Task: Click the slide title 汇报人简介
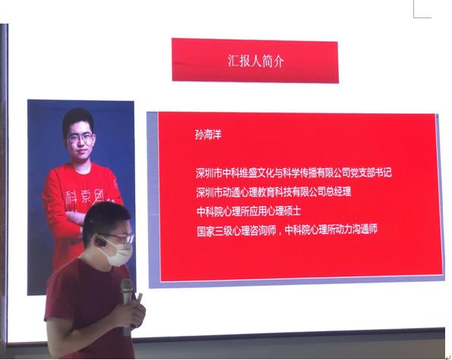256,61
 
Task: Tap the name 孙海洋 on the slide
208,134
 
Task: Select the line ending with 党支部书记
294,172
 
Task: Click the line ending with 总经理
273,192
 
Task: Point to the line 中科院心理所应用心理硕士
248,211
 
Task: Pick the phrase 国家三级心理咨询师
236,231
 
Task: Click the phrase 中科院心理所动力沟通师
331,229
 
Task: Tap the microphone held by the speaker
127,300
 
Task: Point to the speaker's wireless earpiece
100,242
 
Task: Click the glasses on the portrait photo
81,137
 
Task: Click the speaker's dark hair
106,219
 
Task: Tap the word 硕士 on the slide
292,211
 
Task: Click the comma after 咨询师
280,233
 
